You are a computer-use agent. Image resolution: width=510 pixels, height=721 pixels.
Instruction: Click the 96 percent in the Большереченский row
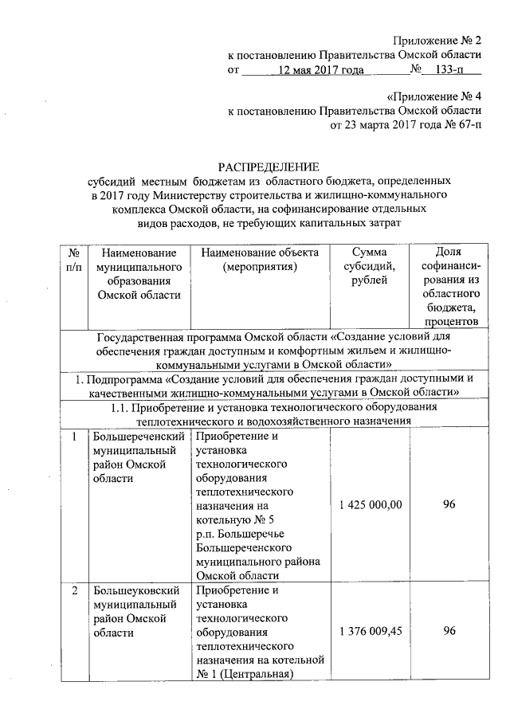pos(449,505)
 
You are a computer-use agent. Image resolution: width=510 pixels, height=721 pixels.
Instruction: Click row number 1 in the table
pos(74,437)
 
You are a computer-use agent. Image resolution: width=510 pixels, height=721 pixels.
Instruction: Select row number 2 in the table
pos(74,591)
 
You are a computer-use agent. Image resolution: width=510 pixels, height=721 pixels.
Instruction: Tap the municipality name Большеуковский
pos(135,591)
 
